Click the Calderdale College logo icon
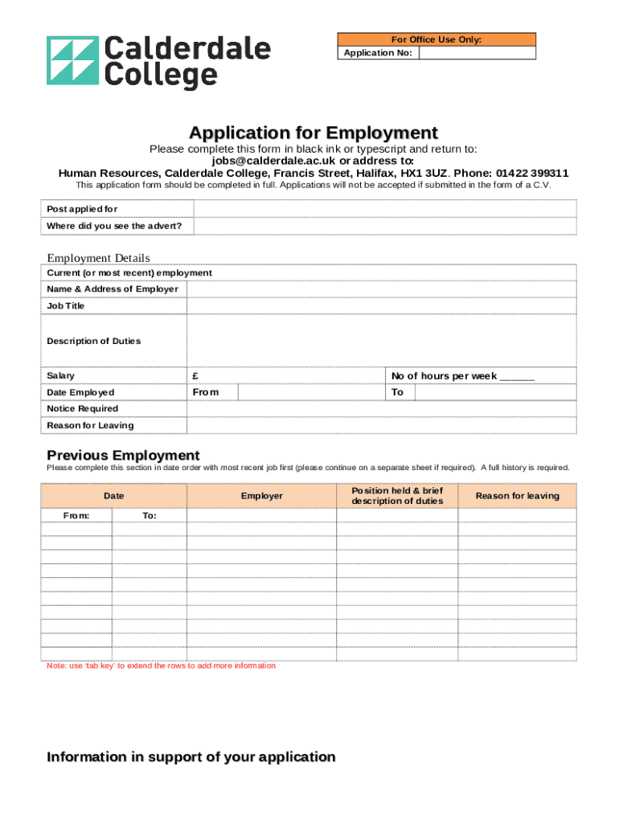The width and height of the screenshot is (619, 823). point(72,61)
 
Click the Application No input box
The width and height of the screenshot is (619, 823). point(477,53)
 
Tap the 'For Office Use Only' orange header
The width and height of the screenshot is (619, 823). point(436,39)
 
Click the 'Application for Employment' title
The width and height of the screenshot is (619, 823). point(314,133)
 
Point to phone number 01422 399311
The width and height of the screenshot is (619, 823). point(532,173)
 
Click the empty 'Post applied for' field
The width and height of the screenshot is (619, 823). point(382,209)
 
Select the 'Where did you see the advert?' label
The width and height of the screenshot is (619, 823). point(114,226)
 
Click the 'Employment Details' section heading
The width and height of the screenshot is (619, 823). point(98,258)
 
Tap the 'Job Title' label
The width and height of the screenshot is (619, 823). point(65,306)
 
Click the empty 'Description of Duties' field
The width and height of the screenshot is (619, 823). point(382,341)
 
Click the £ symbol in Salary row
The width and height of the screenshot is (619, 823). point(195,376)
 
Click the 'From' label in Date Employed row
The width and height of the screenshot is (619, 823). point(205,392)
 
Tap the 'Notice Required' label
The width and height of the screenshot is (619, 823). point(82,408)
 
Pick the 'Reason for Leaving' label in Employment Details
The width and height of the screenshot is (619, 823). point(90,425)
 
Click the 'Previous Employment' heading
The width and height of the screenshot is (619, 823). point(123,455)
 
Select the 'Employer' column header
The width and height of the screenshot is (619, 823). point(262,496)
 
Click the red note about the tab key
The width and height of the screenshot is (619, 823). point(161,665)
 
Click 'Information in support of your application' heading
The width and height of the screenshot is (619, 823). point(191,757)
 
